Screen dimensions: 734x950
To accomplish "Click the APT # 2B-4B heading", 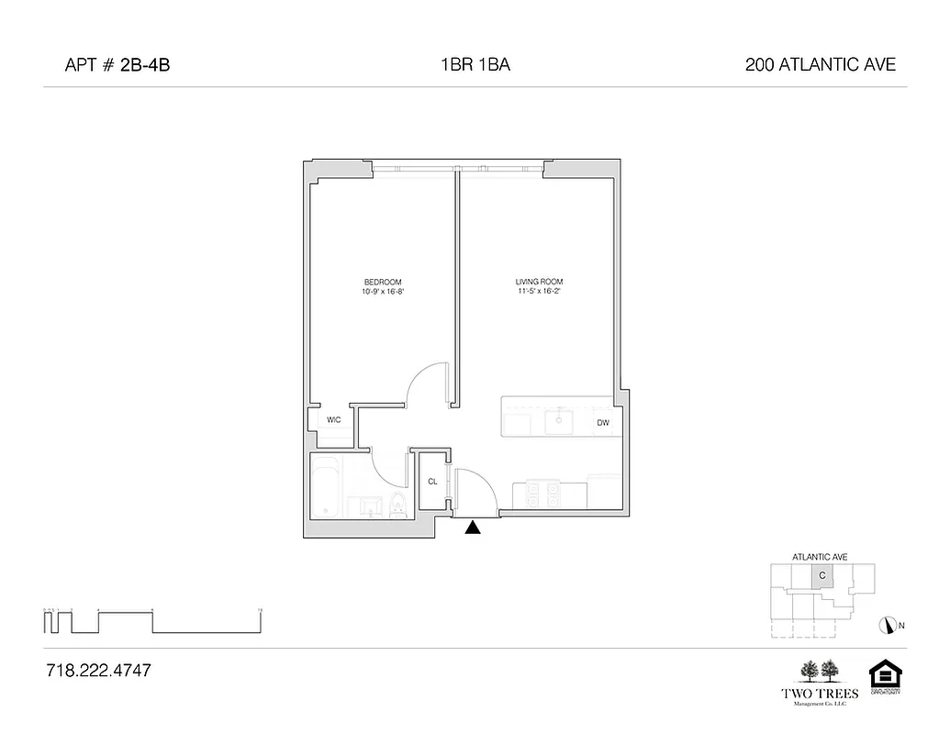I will (x=118, y=65).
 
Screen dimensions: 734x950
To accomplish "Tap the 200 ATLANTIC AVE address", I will (x=821, y=65).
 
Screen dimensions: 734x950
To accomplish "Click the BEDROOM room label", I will (x=383, y=282).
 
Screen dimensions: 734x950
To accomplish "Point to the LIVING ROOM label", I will (x=539, y=282).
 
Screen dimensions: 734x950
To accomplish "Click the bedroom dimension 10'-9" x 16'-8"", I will (x=383, y=292).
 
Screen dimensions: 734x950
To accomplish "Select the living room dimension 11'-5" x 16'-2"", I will (x=539, y=292).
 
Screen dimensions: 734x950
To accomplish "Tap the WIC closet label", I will (x=334, y=419).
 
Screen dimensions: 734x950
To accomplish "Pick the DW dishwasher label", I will (x=603, y=423).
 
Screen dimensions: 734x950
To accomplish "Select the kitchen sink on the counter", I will (x=559, y=422).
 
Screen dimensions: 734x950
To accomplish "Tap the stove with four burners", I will (x=541, y=495).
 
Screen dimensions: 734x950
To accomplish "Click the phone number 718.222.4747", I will (x=98, y=671).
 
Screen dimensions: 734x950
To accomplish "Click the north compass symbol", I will (x=887, y=626).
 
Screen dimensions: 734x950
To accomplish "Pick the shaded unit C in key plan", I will (x=822, y=576).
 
